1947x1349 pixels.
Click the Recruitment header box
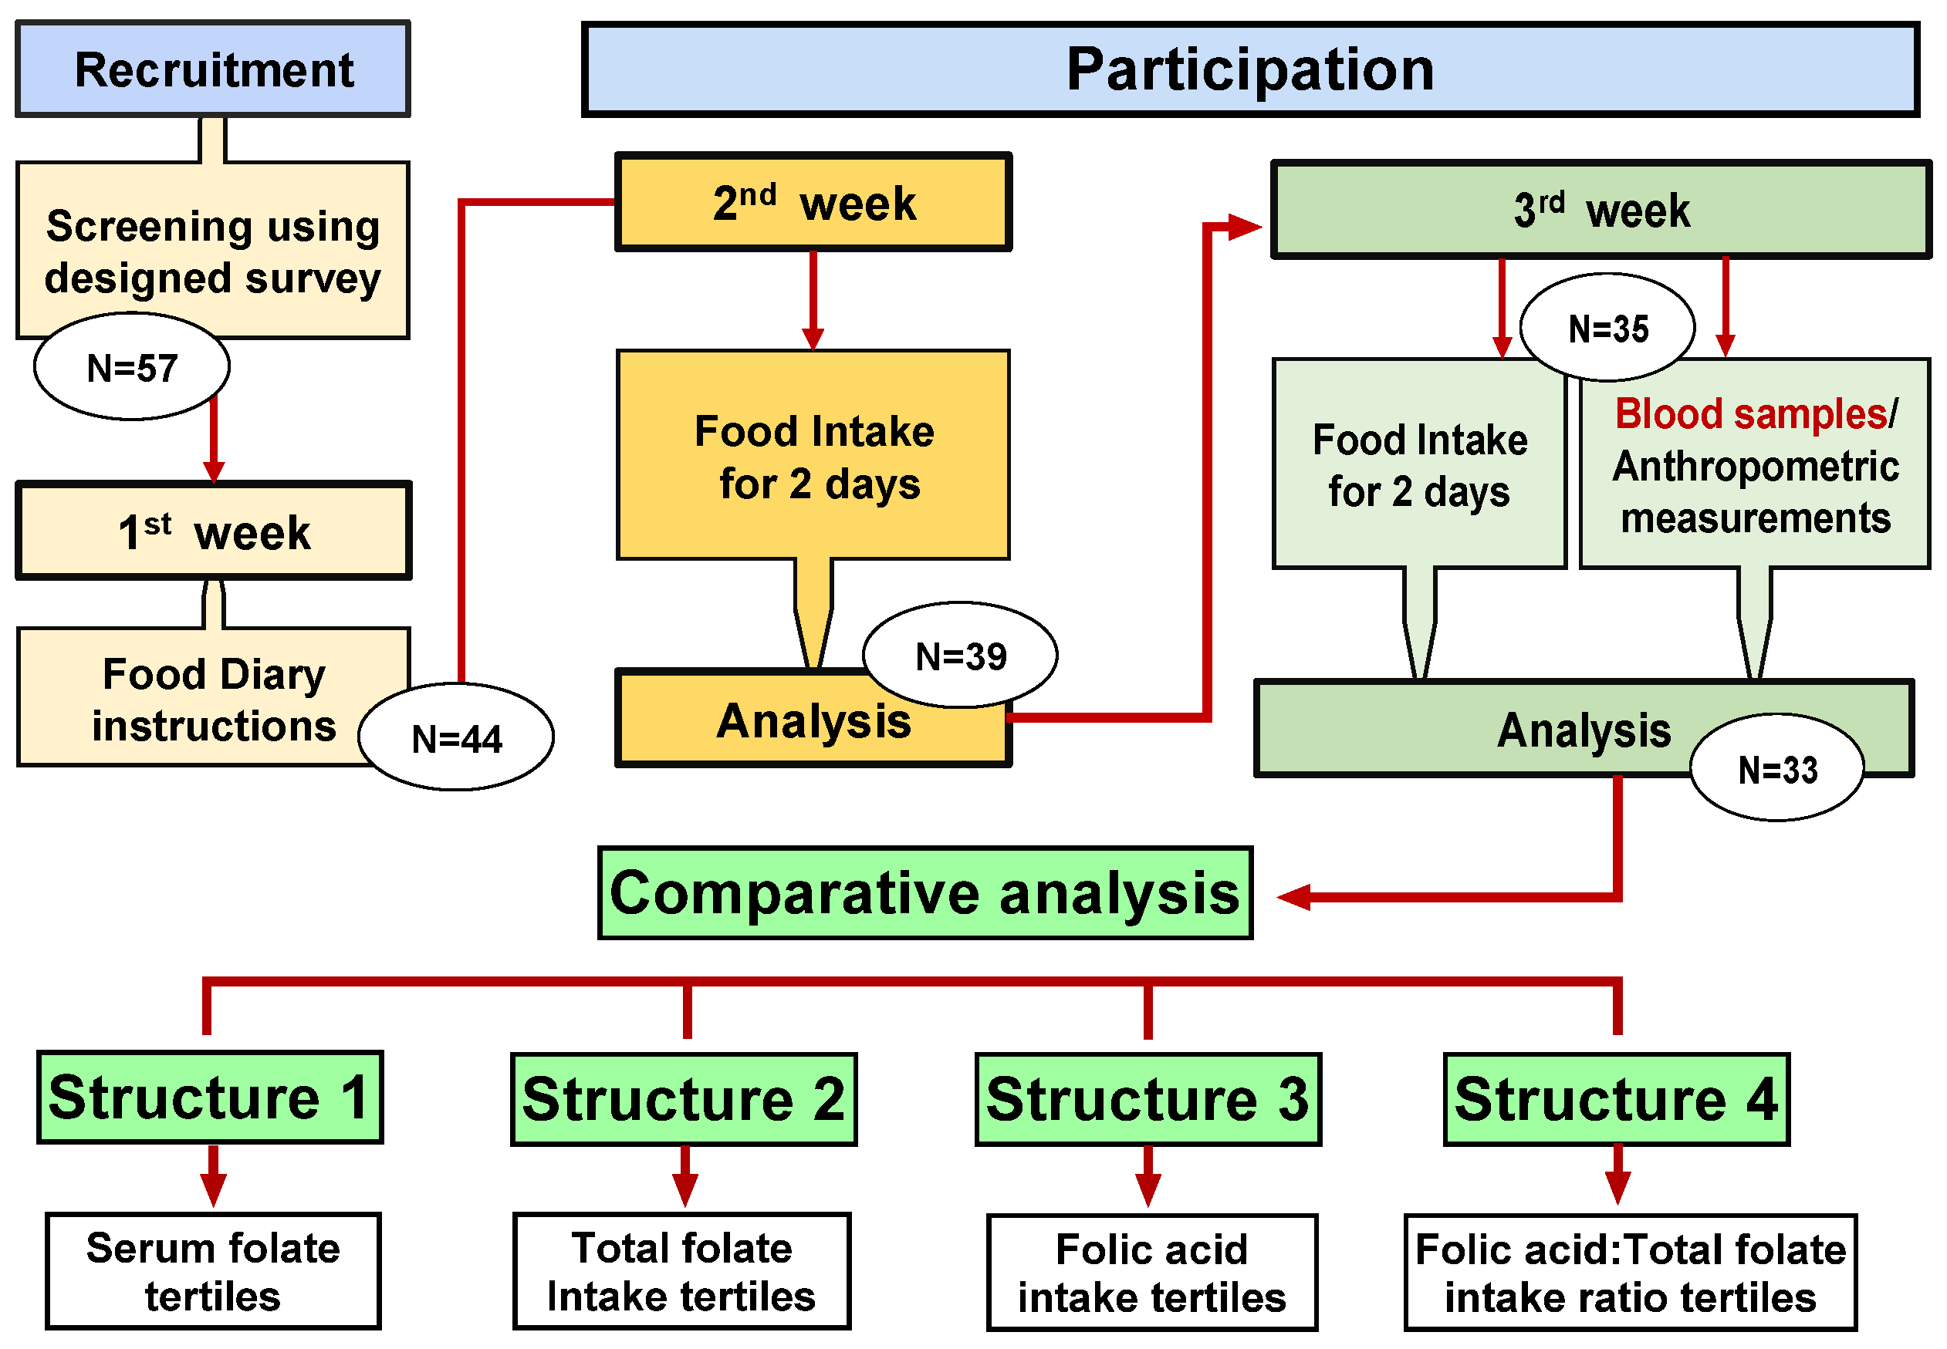tap(213, 69)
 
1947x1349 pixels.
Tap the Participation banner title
tap(1249, 69)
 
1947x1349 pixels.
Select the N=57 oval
tap(132, 368)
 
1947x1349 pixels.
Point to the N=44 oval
tap(457, 738)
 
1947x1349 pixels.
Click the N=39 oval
tap(961, 656)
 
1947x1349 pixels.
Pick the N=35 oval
tap(1607, 328)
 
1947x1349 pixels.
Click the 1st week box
tap(213, 531)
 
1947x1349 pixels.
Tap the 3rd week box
tap(1601, 210)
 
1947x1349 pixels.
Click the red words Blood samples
tap(1750, 414)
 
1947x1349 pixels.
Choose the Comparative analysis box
tap(925, 893)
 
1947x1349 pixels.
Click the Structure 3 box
tap(1148, 1100)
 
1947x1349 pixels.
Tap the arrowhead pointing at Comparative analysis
tap(1293, 897)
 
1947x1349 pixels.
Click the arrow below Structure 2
tap(684, 1179)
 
